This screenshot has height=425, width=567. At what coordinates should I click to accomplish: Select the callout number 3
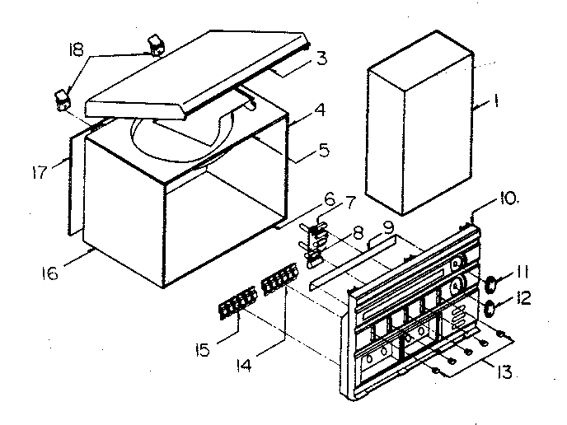pos(321,58)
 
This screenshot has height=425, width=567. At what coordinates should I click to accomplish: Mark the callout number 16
pos(50,273)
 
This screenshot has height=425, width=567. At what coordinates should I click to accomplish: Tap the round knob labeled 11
pos(490,284)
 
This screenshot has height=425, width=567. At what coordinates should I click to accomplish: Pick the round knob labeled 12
pos(490,309)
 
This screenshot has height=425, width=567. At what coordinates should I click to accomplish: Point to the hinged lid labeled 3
pos(198,74)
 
